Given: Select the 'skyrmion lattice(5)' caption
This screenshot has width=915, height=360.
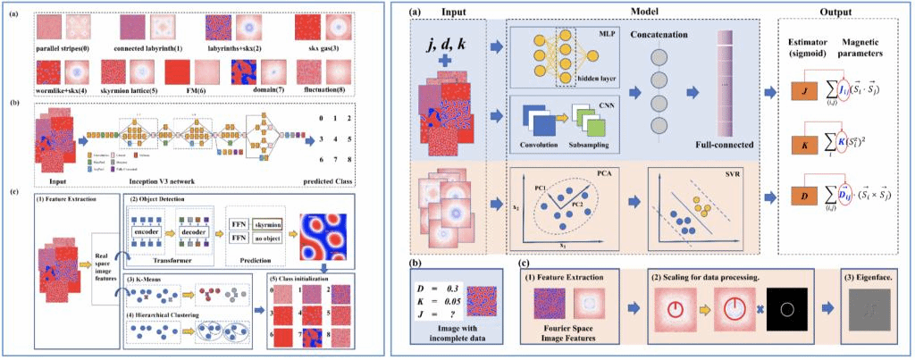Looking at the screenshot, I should [129, 90].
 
